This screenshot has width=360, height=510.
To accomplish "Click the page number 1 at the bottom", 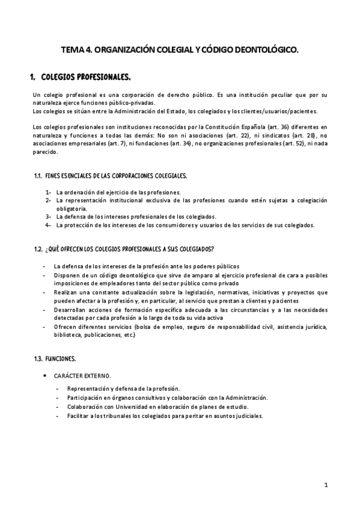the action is click(325, 485).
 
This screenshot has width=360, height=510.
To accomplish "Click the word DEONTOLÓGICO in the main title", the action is click(267, 52).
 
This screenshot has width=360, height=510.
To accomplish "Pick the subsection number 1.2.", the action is click(38, 249).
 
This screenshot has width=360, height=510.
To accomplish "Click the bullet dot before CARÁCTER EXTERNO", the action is click(45, 375).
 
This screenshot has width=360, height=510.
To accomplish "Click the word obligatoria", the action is click(72, 209).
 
